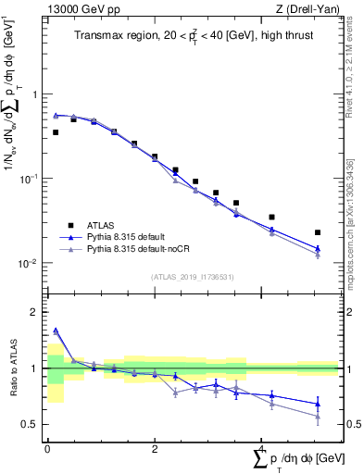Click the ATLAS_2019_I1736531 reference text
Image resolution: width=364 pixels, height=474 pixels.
pos(192,277)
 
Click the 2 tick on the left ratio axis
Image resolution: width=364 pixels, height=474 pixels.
pos(34,312)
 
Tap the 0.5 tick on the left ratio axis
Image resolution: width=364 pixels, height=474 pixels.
pos(31,424)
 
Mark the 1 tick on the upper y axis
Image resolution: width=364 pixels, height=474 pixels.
pos(34,94)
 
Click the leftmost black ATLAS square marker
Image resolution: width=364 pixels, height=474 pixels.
pos(56,132)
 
